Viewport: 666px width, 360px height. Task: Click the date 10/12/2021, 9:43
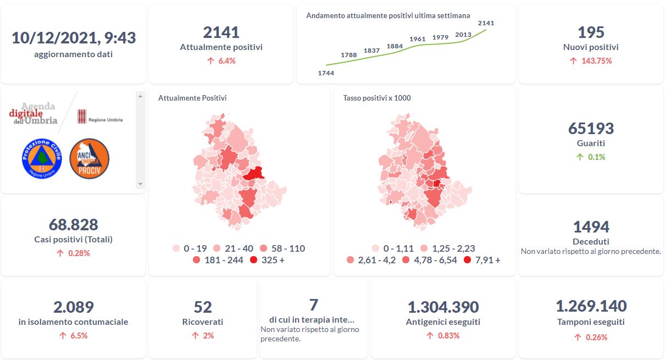[74, 38]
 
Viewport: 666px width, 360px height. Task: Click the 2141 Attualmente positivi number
[221, 32]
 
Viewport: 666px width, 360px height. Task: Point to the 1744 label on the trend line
[326, 73]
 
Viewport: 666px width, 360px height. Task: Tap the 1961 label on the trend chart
[418, 40]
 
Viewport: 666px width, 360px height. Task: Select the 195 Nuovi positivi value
[591, 32]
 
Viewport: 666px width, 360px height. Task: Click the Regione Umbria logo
[99, 117]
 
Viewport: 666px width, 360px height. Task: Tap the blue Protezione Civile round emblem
[41, 158]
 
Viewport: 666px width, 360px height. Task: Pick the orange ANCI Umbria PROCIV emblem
[90, 158]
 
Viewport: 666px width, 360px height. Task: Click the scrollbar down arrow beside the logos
[140, 184]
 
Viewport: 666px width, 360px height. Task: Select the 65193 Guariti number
[591, 129]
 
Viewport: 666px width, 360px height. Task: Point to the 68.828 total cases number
[73, 225]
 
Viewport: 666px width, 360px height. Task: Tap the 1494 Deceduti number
[591, 226]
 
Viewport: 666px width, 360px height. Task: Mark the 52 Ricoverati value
[203, 307]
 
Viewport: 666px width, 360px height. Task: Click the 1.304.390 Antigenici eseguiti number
[443, 307]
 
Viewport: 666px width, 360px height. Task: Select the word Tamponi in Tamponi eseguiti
[574, 322]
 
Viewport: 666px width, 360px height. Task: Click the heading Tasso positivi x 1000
[377, 98]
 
